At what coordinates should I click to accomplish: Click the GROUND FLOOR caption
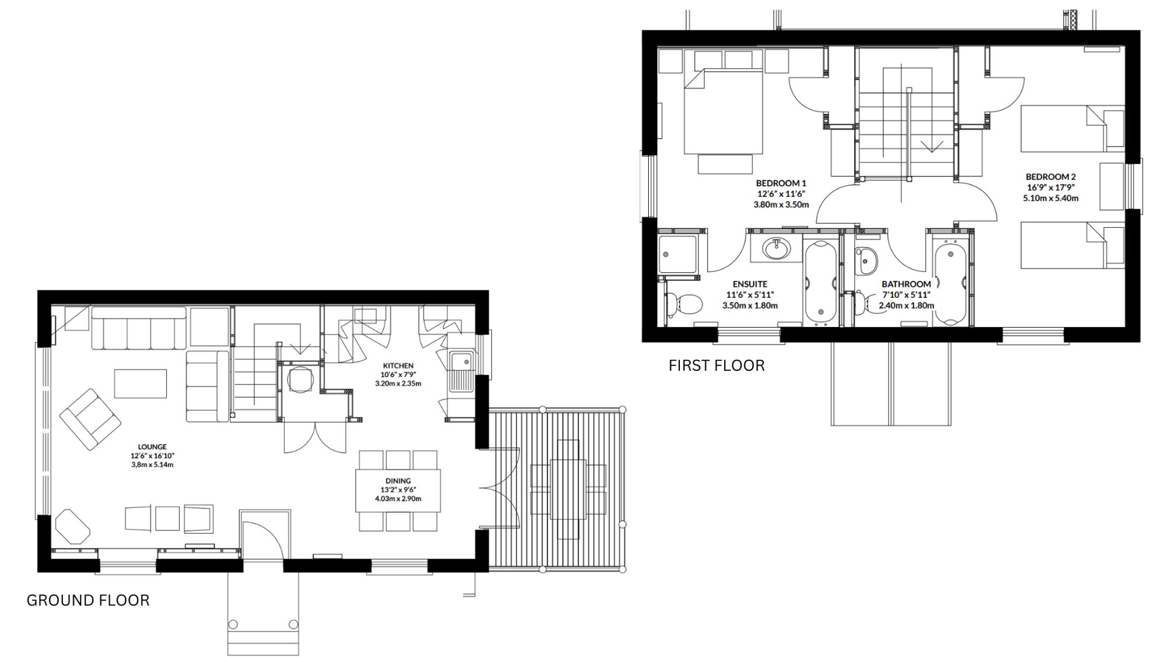(x=88, y=600)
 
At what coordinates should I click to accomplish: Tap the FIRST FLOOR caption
(x=717, y=366)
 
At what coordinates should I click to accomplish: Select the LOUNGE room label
(x=152, y=447)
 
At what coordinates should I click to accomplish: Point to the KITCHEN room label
(x=398, y=366)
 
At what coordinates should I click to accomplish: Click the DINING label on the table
(x=398, y=481)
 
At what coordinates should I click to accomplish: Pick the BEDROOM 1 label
(x=781, y=183)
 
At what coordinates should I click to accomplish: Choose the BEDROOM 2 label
(x=1051, y=177)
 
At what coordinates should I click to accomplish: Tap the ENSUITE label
(x=750, y=284)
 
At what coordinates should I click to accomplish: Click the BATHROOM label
(x=906, y=284)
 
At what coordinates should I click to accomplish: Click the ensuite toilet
(x=683, y=304)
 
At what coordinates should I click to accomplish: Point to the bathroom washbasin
(x=865, y=261)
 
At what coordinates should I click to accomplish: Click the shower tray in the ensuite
(x=677, y=254)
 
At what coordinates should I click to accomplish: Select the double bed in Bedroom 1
(x=724, y=112)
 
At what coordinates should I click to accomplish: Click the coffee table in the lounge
(x=141, y=383)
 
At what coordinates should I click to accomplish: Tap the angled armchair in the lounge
(x=90, y=419)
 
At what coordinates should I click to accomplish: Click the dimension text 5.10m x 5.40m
(x=1051, y=198)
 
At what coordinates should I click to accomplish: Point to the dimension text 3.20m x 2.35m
(x=398, y=384)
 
